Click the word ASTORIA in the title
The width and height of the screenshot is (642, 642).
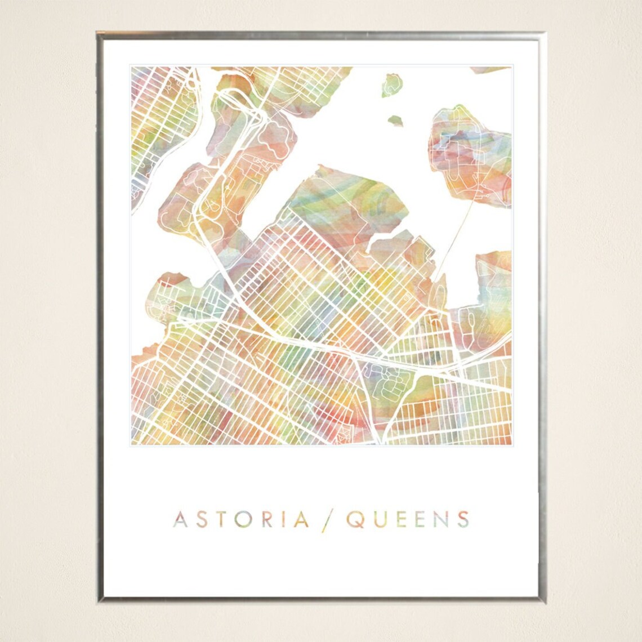click(241, 519)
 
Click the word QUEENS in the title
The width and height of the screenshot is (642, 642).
click(408, 519)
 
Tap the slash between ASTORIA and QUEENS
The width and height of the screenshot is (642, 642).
click(326, 520)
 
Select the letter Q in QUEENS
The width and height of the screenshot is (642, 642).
click(355, 519)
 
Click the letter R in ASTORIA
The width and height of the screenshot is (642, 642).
click(267, 519)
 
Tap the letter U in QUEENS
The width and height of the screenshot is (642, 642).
click(381, 519)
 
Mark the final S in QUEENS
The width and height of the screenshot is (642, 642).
click(463, 519)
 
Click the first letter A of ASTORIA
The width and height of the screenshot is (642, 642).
click(180, 519)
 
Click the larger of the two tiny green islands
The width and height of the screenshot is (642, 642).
click(391, 85)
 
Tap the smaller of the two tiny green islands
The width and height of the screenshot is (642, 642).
click(396, 120)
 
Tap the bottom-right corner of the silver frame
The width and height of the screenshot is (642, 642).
click(542, 600)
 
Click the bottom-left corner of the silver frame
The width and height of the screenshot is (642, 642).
click(99, 600)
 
